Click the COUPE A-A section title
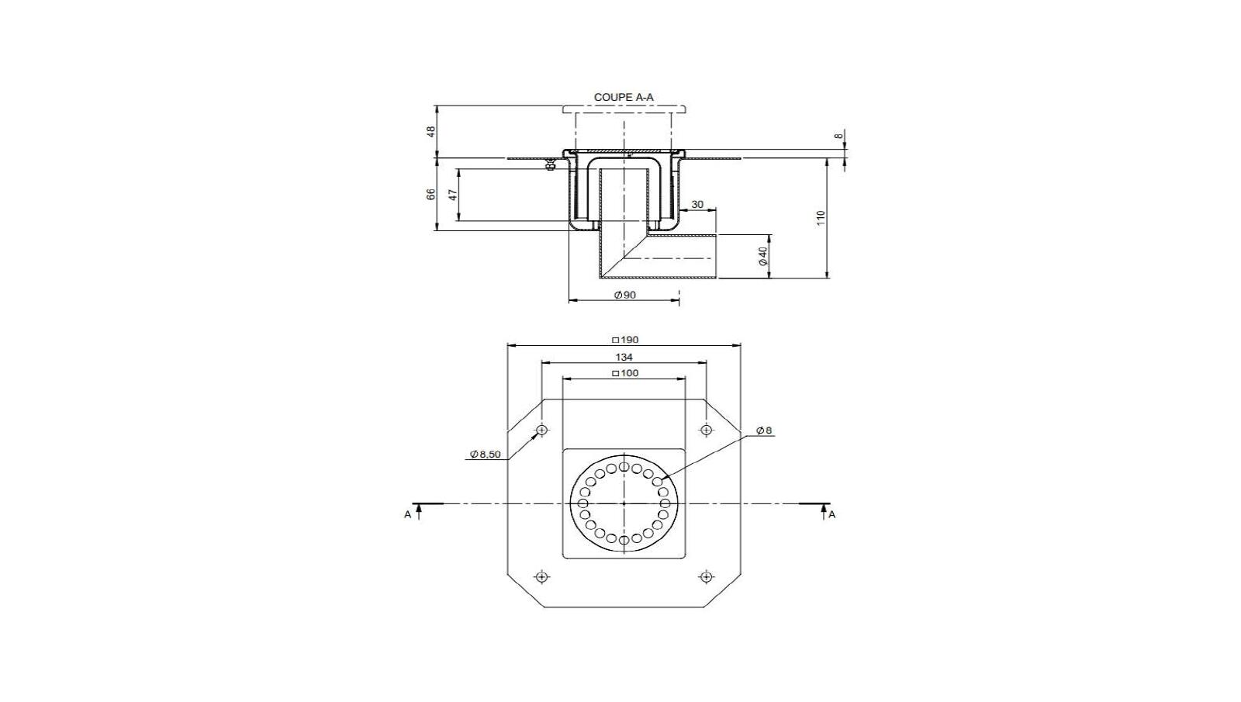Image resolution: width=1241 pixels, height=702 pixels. pos(624,98)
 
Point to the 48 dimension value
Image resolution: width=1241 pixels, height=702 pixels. pos(432,132)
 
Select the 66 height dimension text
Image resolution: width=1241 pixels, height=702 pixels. pos(431,195)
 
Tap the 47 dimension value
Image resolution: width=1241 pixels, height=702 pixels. pos(453,195)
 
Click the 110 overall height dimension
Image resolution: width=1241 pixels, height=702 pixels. pos(821,218)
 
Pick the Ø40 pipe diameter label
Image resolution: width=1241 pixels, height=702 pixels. pos(763,257)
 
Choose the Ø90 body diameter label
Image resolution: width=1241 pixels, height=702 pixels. pos(624,295)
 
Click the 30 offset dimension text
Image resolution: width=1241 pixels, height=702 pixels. pos(697,205)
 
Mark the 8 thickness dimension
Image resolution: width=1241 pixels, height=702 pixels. pos(838,136)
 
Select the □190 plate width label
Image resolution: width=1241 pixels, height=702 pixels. pos(624,340)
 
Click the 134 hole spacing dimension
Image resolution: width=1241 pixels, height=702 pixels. pos(624,357)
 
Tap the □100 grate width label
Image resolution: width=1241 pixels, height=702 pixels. pos(624,374)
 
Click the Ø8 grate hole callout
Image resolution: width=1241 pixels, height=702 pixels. pos(764,431)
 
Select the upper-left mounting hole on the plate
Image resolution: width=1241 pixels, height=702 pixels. pos(541,430)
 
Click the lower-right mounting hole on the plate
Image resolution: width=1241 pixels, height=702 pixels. pos(706,576)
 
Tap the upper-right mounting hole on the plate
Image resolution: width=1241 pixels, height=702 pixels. pos(706,430)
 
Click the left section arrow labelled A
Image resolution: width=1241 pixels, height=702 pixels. pos(419,510)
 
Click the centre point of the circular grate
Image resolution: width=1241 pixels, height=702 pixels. pos(624,503)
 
